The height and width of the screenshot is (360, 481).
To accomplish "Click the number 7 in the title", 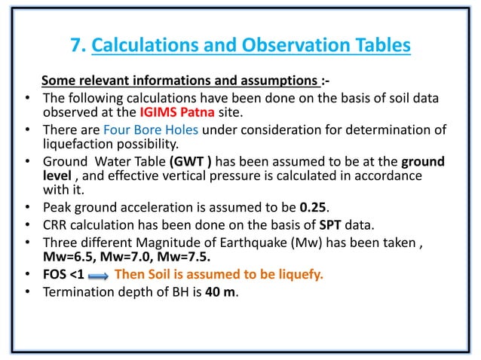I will pyautogui.click(x=76, y=45).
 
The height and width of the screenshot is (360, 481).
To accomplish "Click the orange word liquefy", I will pyautogui.click(x=299, y=274).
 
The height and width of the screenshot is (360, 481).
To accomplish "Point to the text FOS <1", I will pyautogui.click(x=63, y=274).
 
